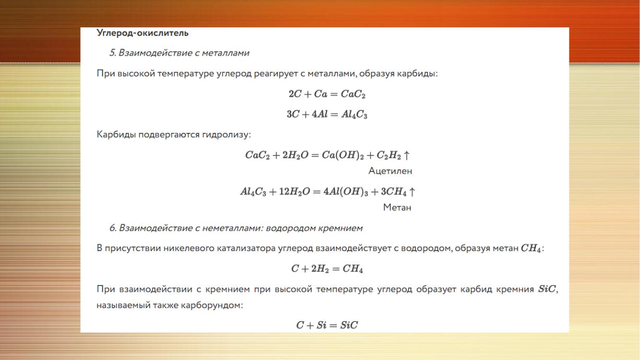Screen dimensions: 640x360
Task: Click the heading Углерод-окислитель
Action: pos(142,33)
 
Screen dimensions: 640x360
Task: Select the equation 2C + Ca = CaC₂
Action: pos(327,94)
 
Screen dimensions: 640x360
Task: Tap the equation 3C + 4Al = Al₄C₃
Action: pos(327,114)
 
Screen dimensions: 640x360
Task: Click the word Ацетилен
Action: pos(390,171)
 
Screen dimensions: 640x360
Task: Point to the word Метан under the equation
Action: pos(397,207)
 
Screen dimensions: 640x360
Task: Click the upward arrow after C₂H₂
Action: pos(406,155)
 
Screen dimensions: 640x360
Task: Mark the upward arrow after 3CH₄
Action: pos(412,192)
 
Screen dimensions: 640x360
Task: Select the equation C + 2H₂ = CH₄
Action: pos(327,269)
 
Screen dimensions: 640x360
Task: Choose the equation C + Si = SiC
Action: pos(327,325)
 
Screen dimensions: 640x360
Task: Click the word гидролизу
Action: pos(226,135)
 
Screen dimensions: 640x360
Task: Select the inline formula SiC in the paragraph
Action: pos(547,289)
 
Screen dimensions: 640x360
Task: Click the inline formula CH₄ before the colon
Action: pos(531,248)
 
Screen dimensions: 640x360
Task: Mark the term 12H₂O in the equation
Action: pos(294,192)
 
